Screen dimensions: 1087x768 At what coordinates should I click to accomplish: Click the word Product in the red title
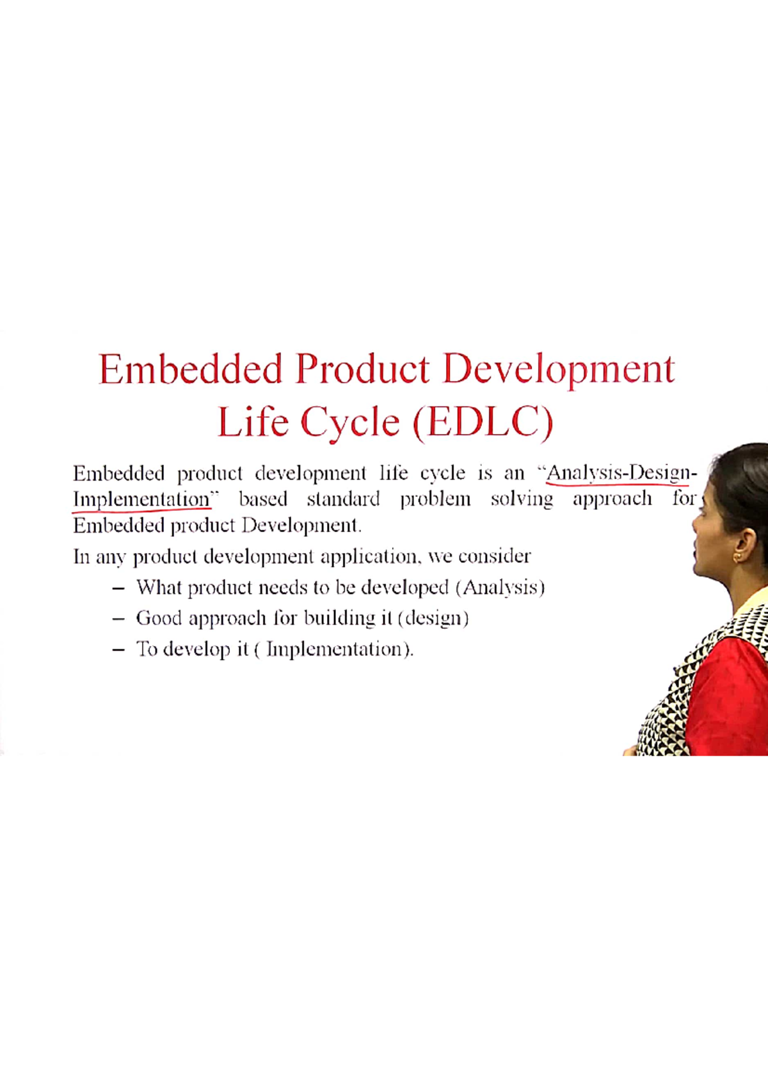coord(362,369)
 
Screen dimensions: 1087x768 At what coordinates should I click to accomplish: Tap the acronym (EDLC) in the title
coord(483,423)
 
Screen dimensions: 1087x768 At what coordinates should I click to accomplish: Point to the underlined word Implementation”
coord(144,499)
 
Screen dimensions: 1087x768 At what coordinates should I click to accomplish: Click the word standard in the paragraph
coord(343,499)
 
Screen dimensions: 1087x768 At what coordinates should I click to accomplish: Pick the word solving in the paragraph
coord(522,499)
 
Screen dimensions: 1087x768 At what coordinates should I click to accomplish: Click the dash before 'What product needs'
coord(118,588)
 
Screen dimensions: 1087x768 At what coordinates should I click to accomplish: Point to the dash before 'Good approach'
coord(118,618)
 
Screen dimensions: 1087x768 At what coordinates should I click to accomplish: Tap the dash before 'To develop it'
coord(118,649)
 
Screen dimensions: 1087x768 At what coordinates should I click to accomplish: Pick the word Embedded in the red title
coord(190,369)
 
